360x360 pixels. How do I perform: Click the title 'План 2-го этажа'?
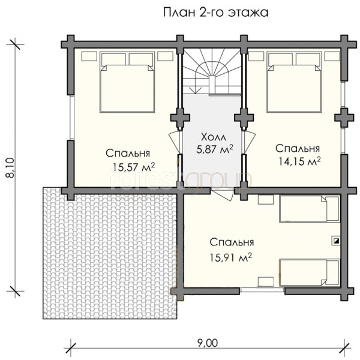tap(215, 13)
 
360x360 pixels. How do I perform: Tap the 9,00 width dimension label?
tap(208, 343)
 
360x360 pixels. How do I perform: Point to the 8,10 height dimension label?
tap(10, 168)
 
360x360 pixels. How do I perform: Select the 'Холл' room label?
tap(214, 137)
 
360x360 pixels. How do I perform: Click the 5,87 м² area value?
tap(215, 149)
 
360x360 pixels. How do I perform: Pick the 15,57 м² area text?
tap(134, 167)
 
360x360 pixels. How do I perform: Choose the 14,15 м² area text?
tap(299, 161)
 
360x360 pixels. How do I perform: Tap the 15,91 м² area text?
tap(231, 257)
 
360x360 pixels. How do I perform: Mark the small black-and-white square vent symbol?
tap(337, 241)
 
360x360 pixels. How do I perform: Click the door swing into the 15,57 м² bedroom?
tap(174, 142)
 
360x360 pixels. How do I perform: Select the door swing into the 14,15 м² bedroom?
tap(249, 142)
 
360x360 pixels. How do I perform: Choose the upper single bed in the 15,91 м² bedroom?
tap(309, 209)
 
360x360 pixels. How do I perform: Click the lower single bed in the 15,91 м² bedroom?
tap(309, 273)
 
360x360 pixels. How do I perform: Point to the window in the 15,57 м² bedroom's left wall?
tap(71, 118)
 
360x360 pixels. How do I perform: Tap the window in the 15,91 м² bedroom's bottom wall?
tap(262, 290)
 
